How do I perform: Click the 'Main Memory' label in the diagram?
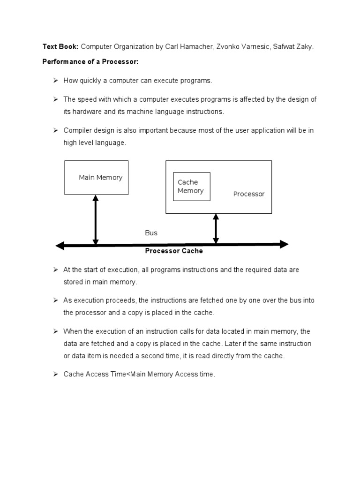click(x=100, y=178)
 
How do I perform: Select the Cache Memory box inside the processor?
click(x=191, y=187)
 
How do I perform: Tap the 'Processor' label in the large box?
click(x=249, y=194)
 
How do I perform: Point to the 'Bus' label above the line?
click(x=151, y=233)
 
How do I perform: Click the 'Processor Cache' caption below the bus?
click(x=173, y=251)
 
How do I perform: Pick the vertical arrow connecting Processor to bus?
click(x=216, y=229)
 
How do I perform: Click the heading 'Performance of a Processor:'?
click(x=91, y=62)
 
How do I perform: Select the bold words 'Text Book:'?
click(x=60, y=47)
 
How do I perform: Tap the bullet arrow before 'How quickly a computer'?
click(x=54, y=81)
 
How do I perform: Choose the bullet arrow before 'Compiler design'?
click(x=54, y=130)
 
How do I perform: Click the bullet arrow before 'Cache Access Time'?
click(x=54, y=375)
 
